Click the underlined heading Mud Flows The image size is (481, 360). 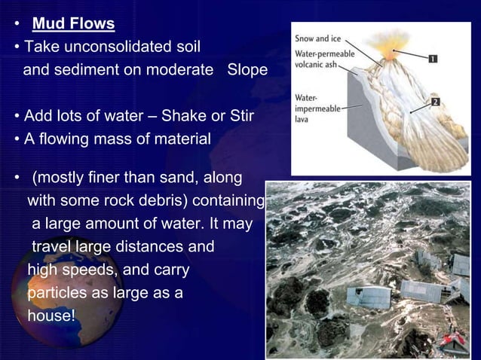pyautogui.click(x=73, y=24)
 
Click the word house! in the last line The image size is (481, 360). pyautogui.click(x=51, y=316)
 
